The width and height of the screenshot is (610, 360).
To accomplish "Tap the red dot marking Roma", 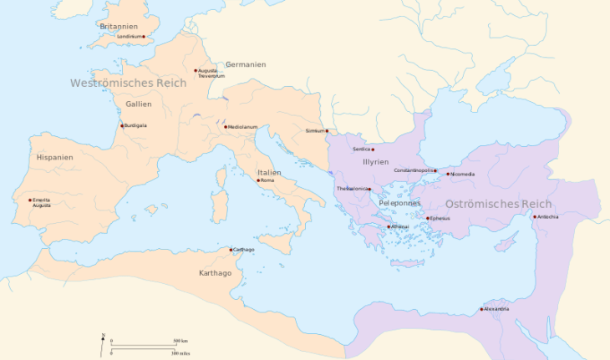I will [258, 180].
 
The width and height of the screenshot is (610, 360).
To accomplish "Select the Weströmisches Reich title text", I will [128, 84].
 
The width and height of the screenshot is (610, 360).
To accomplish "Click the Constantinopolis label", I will [414, 170].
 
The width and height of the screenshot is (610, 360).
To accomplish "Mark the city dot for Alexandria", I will [482, 310].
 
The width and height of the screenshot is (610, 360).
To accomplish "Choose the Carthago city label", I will [244, 250].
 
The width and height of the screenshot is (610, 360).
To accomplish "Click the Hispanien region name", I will [55, 157].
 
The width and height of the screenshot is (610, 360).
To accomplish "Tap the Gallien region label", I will [139, 104].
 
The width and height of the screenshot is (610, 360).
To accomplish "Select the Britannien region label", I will [119, 26].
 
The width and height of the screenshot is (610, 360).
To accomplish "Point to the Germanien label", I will [246, 64].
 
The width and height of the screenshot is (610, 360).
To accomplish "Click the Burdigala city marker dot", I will [122, 126].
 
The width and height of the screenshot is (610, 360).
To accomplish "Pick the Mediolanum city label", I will [242, 127].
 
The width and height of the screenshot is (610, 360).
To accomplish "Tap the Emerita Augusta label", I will [42, 202].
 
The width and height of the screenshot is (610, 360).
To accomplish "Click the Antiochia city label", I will [548, 217].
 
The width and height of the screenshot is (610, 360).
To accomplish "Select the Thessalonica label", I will [352, 189].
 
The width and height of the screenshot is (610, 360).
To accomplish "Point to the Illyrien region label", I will [376, 161].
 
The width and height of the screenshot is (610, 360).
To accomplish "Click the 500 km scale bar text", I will [180, 342].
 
